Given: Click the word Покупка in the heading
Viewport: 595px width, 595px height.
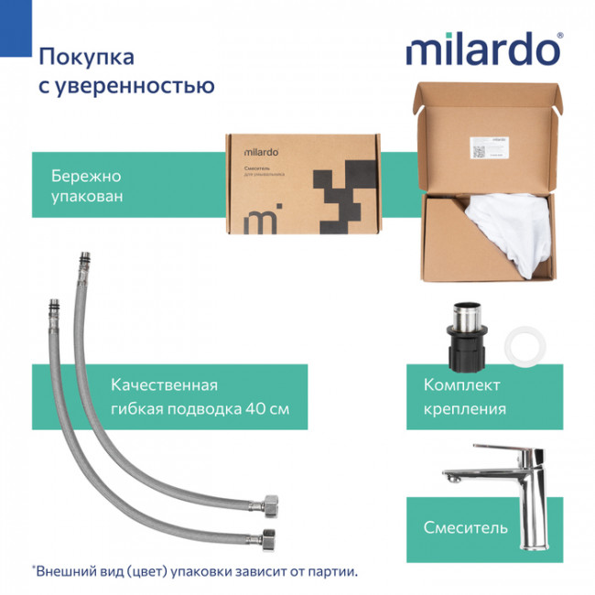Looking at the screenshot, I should [86, 58].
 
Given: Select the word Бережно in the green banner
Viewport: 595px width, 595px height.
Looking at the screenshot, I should [86, 176].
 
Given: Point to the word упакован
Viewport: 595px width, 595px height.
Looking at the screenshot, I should [88, 198].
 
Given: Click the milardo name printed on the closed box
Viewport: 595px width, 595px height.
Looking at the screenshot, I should [261, 151].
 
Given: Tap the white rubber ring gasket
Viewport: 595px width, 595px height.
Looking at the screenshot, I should [526, 346].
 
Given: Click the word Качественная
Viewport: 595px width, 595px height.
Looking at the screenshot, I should [164, 385].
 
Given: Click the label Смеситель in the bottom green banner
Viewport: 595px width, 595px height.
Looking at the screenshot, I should [465, 528].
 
